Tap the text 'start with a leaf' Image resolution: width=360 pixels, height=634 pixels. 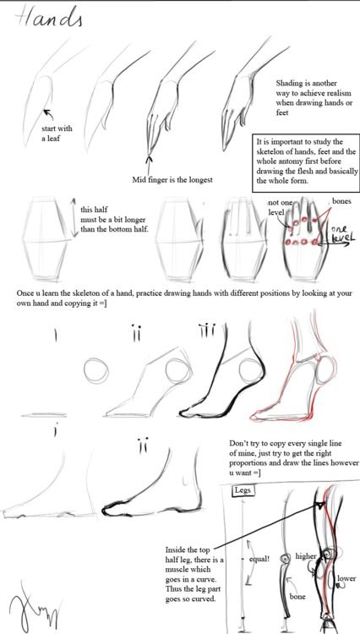[x=57, y=133]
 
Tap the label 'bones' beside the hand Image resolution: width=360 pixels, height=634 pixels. [x=341, y=202]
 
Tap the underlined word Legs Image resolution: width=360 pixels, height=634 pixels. [x=244, y=491]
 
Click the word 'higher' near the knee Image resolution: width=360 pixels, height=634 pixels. [x=306, y=557]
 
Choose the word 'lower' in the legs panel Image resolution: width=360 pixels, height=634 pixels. [x=346, y=579]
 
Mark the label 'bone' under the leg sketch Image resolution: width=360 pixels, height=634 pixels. [x=297, y=597]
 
